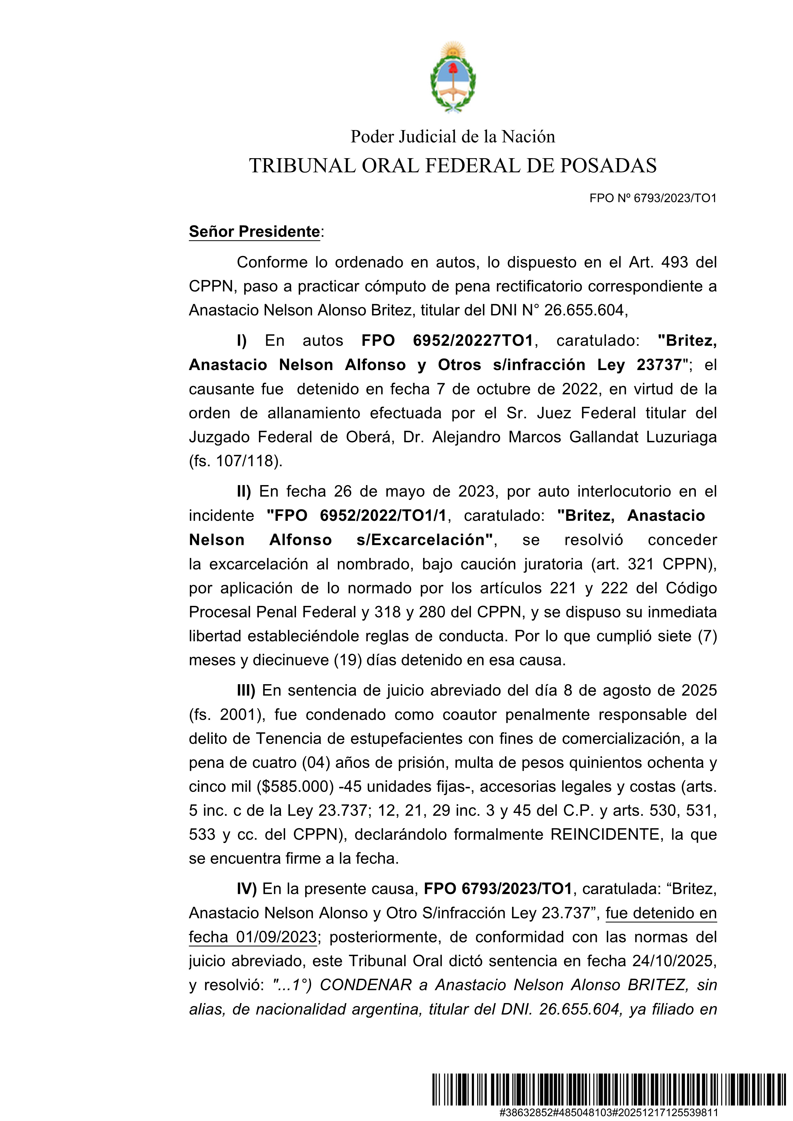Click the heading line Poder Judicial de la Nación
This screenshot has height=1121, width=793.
coord(453,137)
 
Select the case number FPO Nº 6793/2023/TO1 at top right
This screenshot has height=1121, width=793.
coord(653,198)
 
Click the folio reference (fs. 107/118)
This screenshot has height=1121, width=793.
coord(235,461)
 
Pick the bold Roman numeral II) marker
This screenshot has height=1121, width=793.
coord(244,491)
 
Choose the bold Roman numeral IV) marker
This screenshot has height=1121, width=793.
coord(246,889)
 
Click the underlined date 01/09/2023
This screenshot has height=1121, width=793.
coord(277,937)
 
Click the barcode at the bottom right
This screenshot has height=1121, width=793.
coord(575,1089)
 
